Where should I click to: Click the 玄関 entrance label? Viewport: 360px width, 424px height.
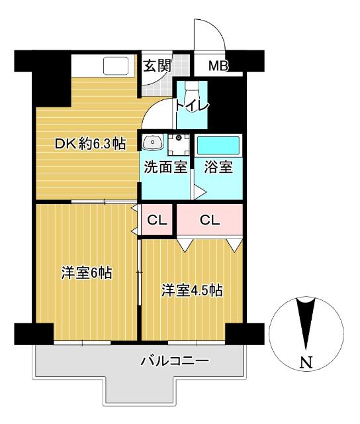pos(157,66)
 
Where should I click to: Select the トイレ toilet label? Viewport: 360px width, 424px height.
pos(192,107)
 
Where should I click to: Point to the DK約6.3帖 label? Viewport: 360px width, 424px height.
pos(90,144)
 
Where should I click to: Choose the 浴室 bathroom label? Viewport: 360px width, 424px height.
pos(218,167)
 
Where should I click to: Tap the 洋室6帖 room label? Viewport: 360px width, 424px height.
pos(86,274)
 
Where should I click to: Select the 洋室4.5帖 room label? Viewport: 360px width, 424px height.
pos(192,290)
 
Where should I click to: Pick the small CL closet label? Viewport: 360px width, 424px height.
pos(157,220)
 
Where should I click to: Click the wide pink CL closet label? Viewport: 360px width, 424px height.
pos(210,220)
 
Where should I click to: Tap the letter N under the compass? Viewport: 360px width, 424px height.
pos(306,362)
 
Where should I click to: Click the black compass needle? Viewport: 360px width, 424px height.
pos(305,325)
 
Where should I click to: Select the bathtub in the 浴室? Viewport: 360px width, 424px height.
pos(218,144)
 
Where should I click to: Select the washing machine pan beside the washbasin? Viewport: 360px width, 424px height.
pos(177,144)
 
